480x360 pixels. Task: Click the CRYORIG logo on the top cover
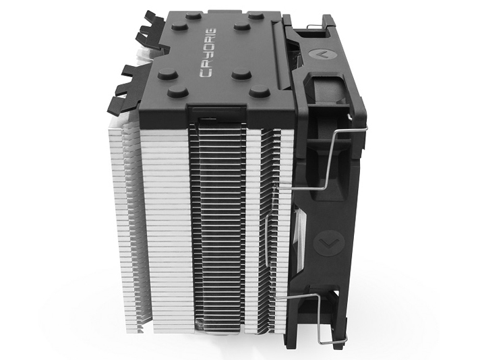tap(208, 53)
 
